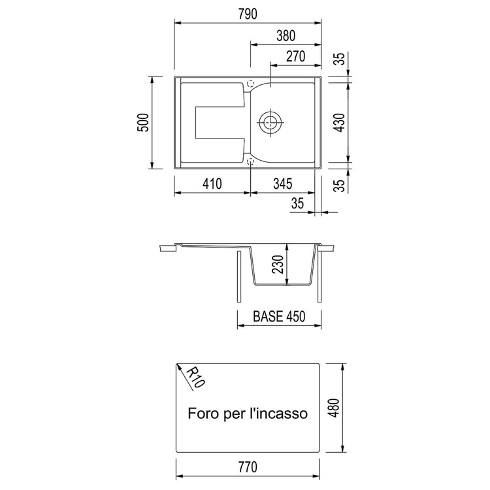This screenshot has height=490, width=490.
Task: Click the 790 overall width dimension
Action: (248, 14)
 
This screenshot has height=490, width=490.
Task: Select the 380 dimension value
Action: (286, 36)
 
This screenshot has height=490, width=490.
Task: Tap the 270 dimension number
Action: (295, 57)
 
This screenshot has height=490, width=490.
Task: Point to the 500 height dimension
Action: (143, 123)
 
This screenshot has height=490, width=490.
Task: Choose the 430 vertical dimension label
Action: (339, 123)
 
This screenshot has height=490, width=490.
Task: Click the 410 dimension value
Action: (212, 184)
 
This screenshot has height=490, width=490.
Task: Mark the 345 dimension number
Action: (282, 184)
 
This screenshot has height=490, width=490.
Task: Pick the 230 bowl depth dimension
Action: (278, 265)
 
